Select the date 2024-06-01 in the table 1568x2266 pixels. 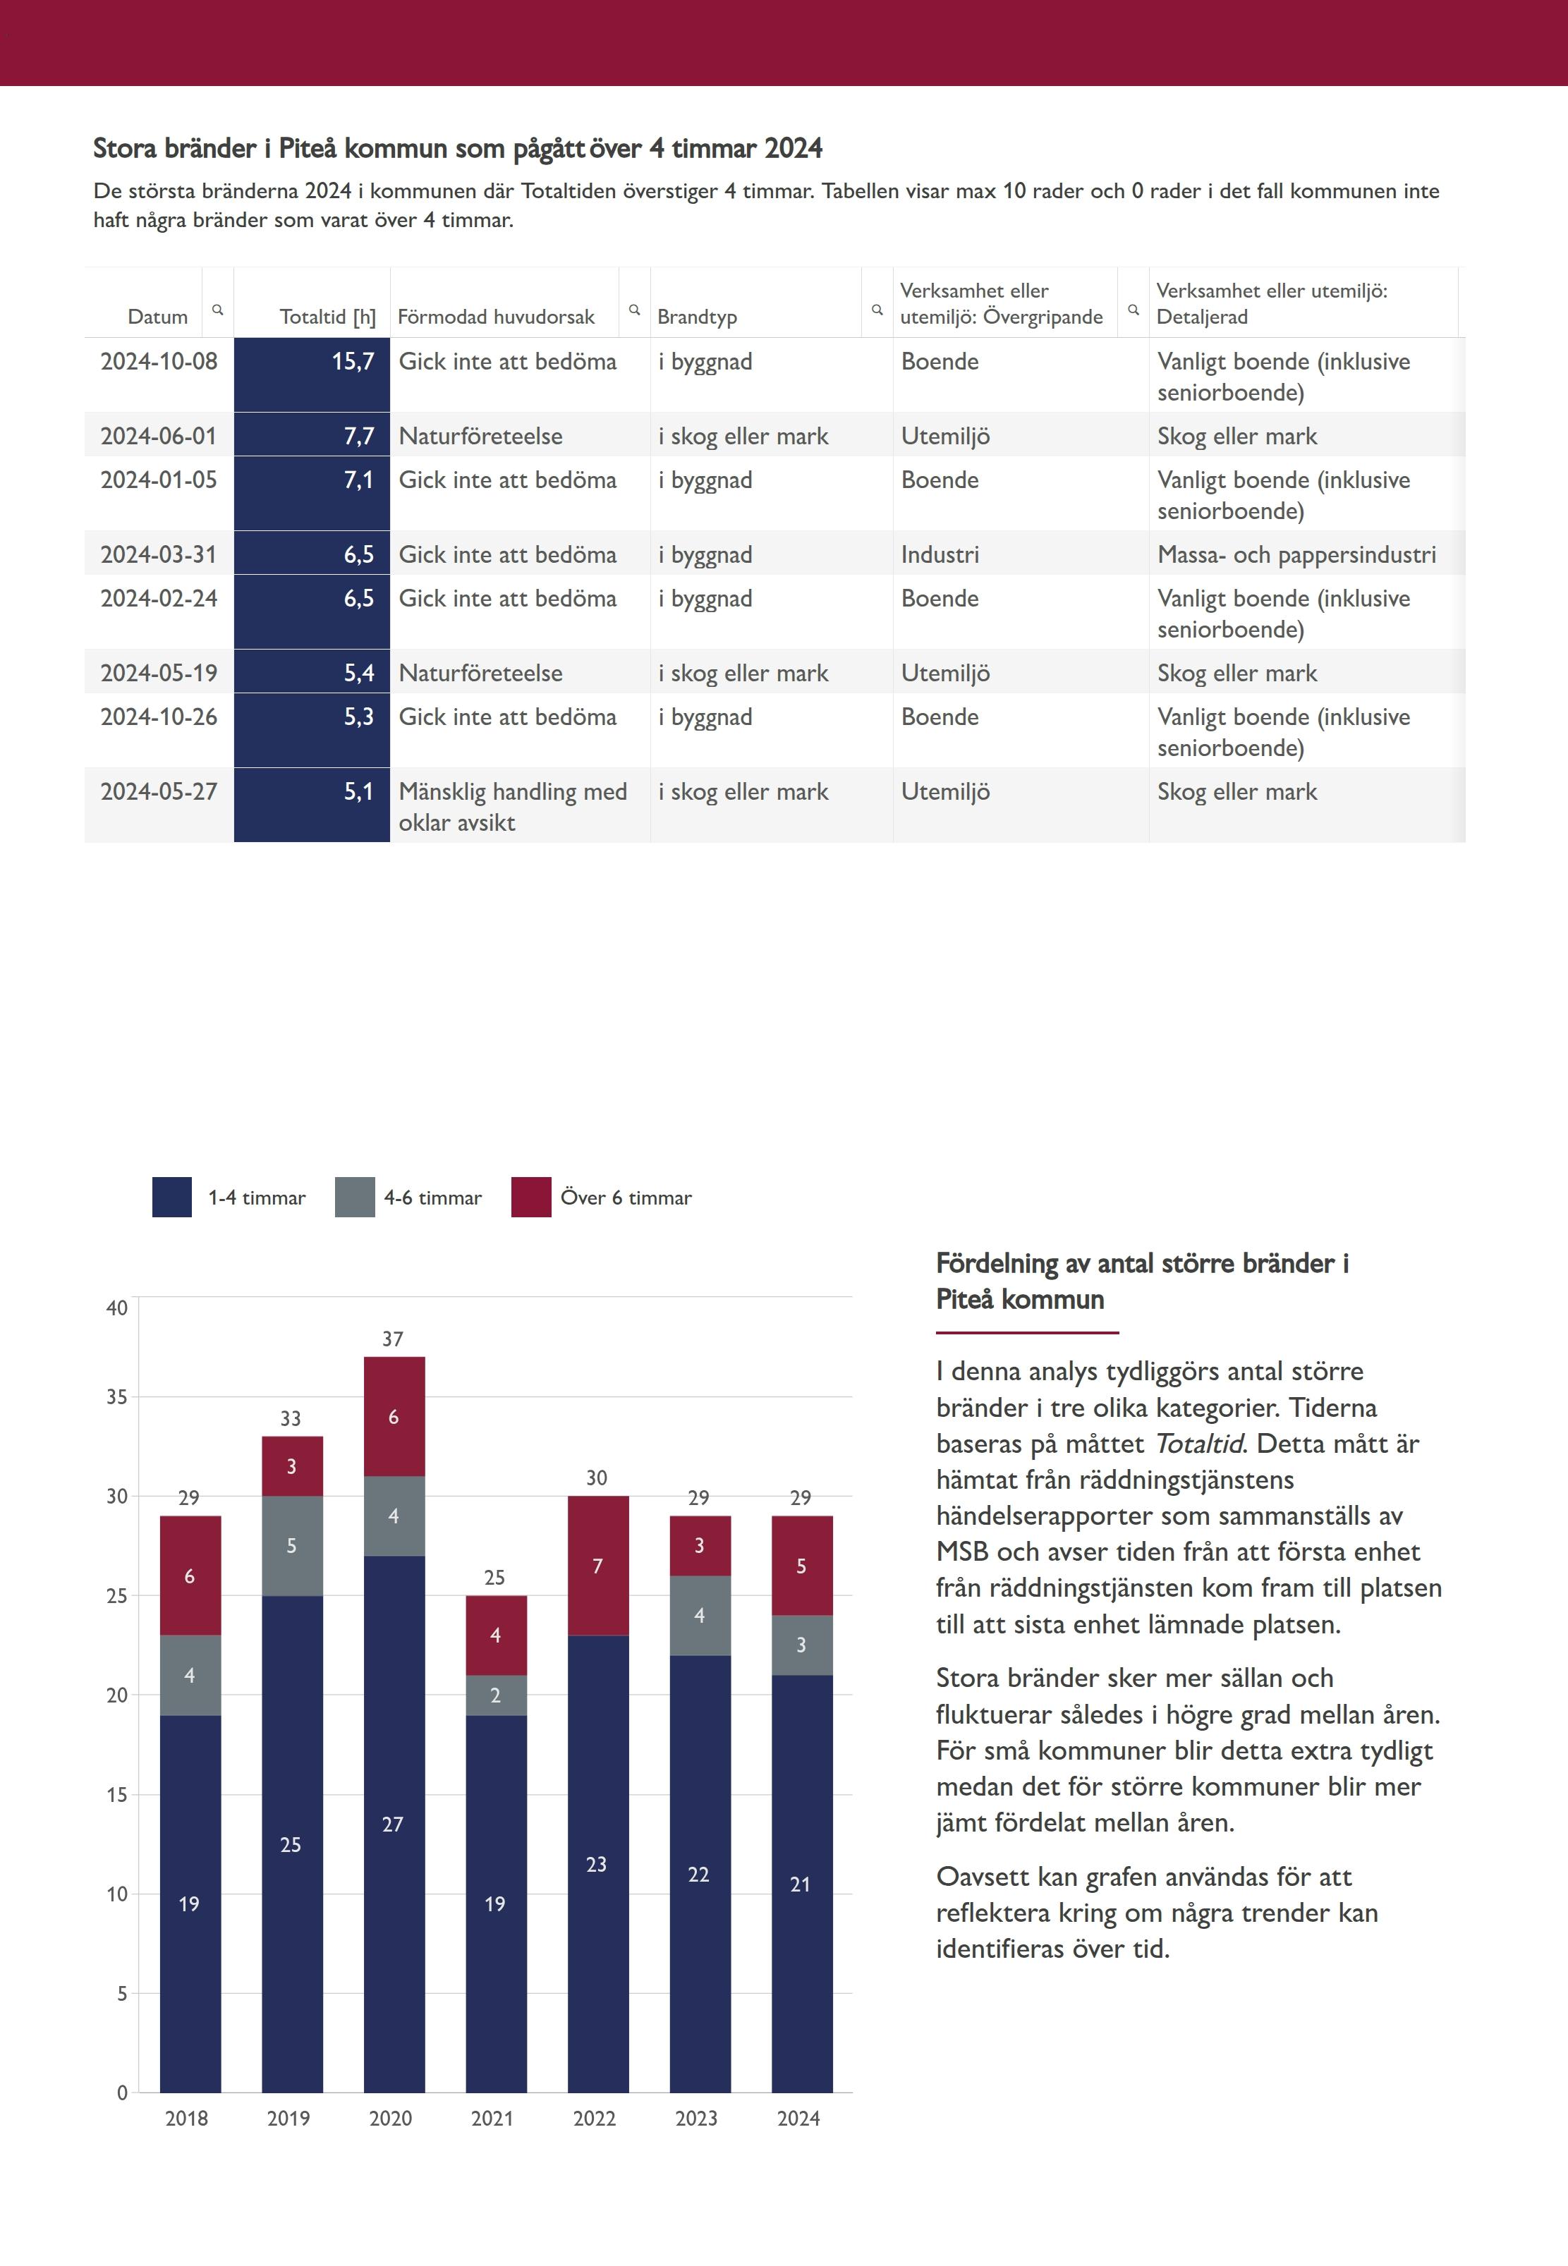[158, 436]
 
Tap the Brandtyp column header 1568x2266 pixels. [697, 316]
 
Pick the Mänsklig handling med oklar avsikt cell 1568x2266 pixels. [512, 806]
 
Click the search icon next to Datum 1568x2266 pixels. [218, 310]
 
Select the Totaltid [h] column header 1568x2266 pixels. [327, 316]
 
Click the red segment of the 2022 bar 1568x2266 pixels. [597, 1566]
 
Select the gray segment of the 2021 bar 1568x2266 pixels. [496, 1695]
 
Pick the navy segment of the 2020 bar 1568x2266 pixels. [394, 1823]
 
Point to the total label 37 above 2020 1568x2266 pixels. [393, 1339]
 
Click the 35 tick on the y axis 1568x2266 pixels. [117, 1396]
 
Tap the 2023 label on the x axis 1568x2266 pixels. [697, 2119]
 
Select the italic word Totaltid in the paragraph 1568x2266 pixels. [1198, 1444]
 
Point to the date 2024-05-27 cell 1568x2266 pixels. [158, 792]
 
